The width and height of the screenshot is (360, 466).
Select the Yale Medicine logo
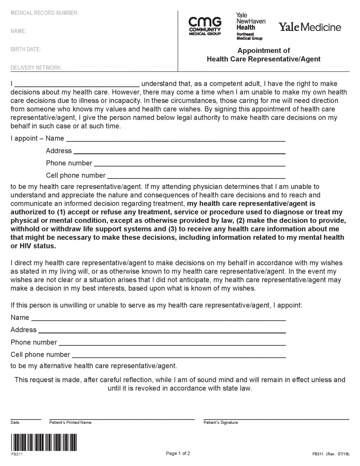(x=310, y=27)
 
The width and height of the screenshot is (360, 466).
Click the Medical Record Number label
(x=45, y=13)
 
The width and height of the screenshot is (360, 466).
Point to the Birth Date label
(x=25, y=49)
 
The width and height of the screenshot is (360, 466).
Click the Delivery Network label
(x=36, y=68)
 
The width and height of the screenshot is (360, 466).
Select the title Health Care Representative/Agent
(x=263, y=59)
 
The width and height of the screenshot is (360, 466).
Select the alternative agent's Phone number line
(x=172, y=344)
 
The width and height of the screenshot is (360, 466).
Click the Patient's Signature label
(x=221, y=423)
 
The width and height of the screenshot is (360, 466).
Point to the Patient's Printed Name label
(x=70, y=423)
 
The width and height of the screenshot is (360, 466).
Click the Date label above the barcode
(x=15, y=423)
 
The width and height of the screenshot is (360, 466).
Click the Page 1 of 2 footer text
(x=178, y=453)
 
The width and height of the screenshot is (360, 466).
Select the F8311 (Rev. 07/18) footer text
(x=330, y=454)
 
